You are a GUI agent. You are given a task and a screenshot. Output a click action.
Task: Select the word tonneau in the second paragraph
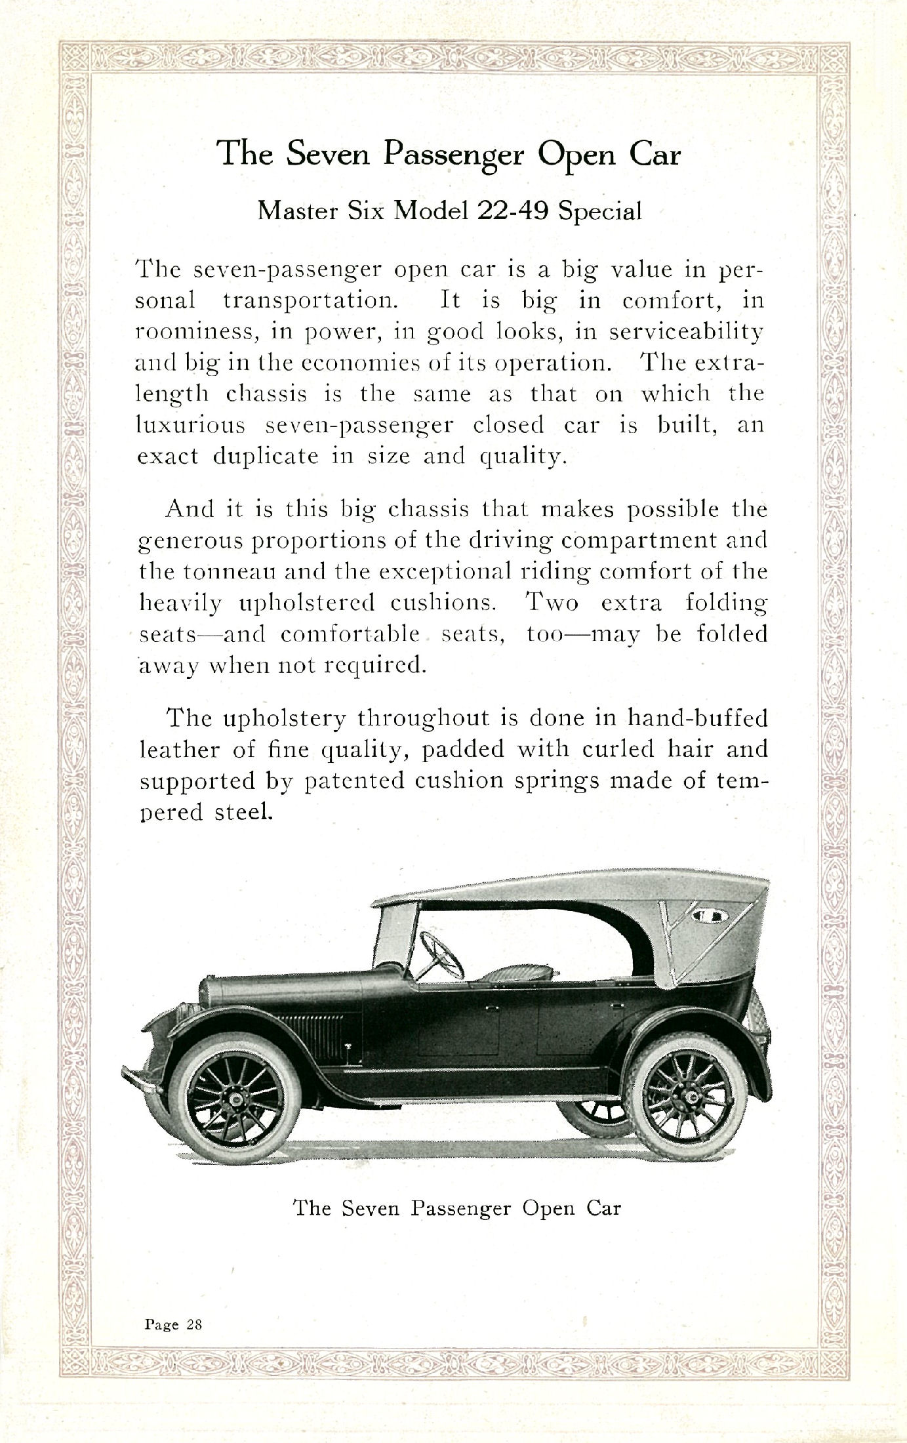click(230, 571)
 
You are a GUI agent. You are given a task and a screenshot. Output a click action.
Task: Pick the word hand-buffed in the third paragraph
click(697, 718)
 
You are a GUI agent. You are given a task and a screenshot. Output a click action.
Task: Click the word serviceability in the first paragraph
click(687, 331)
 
